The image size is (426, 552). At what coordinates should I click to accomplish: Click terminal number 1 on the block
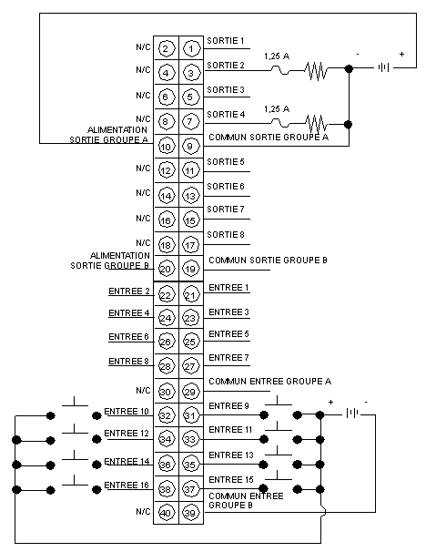tap(191, 48)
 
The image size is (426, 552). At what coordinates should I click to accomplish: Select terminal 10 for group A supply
tap(166, 147)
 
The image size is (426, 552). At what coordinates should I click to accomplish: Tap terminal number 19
tap(190, 270)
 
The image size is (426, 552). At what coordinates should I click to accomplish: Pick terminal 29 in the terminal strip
tap(190, 392)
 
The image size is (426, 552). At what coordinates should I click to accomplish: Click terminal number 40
tap(166, 513)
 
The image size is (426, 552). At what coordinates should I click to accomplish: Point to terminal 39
tap(190, 513)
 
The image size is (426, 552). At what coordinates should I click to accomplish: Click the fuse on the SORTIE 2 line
tap(280, 70)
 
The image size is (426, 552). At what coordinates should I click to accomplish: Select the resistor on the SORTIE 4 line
tap(316, 124)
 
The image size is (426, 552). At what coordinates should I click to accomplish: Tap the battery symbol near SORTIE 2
tap(383, 67)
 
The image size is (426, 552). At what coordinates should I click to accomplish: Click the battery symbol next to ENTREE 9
tap(352, 413)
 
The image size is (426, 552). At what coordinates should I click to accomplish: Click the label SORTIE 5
tap(226, 162)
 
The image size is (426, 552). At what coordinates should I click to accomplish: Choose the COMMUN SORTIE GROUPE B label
tap(268, 261)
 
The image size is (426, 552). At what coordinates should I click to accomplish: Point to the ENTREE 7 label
tap(228, 358)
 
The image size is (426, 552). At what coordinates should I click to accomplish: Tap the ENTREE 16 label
tap(127, 486)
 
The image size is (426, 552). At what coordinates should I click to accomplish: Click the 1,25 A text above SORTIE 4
tap(277, 109)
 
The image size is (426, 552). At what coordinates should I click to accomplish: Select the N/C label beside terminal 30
tap(143, 391)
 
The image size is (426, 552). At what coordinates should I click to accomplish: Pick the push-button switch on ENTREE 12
tap(74, 434)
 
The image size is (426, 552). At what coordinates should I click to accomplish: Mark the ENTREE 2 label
tap(129, 291)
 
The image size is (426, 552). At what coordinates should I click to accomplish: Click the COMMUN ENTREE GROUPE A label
tap(269, 382)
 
